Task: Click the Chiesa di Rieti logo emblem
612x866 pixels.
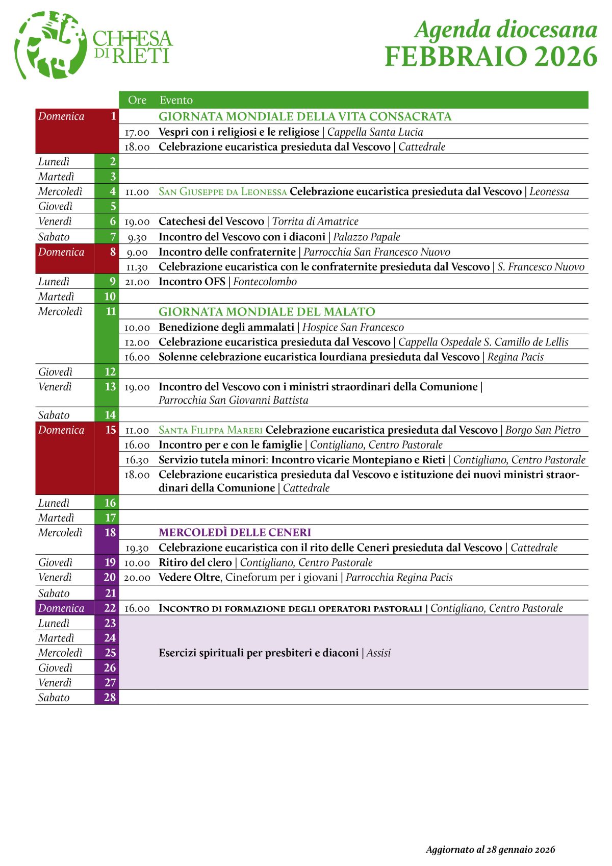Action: (50, 45)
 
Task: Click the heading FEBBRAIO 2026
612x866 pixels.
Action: (491, 57)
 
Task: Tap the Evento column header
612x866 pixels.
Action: (176, 100)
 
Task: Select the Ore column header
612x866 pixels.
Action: (137, 100)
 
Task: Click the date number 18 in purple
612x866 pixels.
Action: (110, 533)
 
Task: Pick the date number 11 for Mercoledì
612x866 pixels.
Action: (111, 311)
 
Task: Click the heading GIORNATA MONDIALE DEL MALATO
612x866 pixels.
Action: (267, 312)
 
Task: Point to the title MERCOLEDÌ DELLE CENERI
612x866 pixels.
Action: (235, 533)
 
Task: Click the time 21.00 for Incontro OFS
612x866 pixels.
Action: (137, 282)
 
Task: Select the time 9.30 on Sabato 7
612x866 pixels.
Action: (137, 237)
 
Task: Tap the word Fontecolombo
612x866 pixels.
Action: (265, 282)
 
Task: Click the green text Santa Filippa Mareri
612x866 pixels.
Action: (210, 430)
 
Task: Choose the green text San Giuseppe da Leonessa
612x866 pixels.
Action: (222, 192)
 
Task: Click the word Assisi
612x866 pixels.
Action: (378, 653)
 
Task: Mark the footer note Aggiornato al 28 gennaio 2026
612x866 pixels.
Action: (490, 850)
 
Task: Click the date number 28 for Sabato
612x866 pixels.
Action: (110, 698)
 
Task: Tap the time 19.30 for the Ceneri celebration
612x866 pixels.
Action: (137, 549)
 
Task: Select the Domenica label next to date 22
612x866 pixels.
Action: (61, 608)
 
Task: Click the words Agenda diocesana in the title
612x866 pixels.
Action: (506, 30)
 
